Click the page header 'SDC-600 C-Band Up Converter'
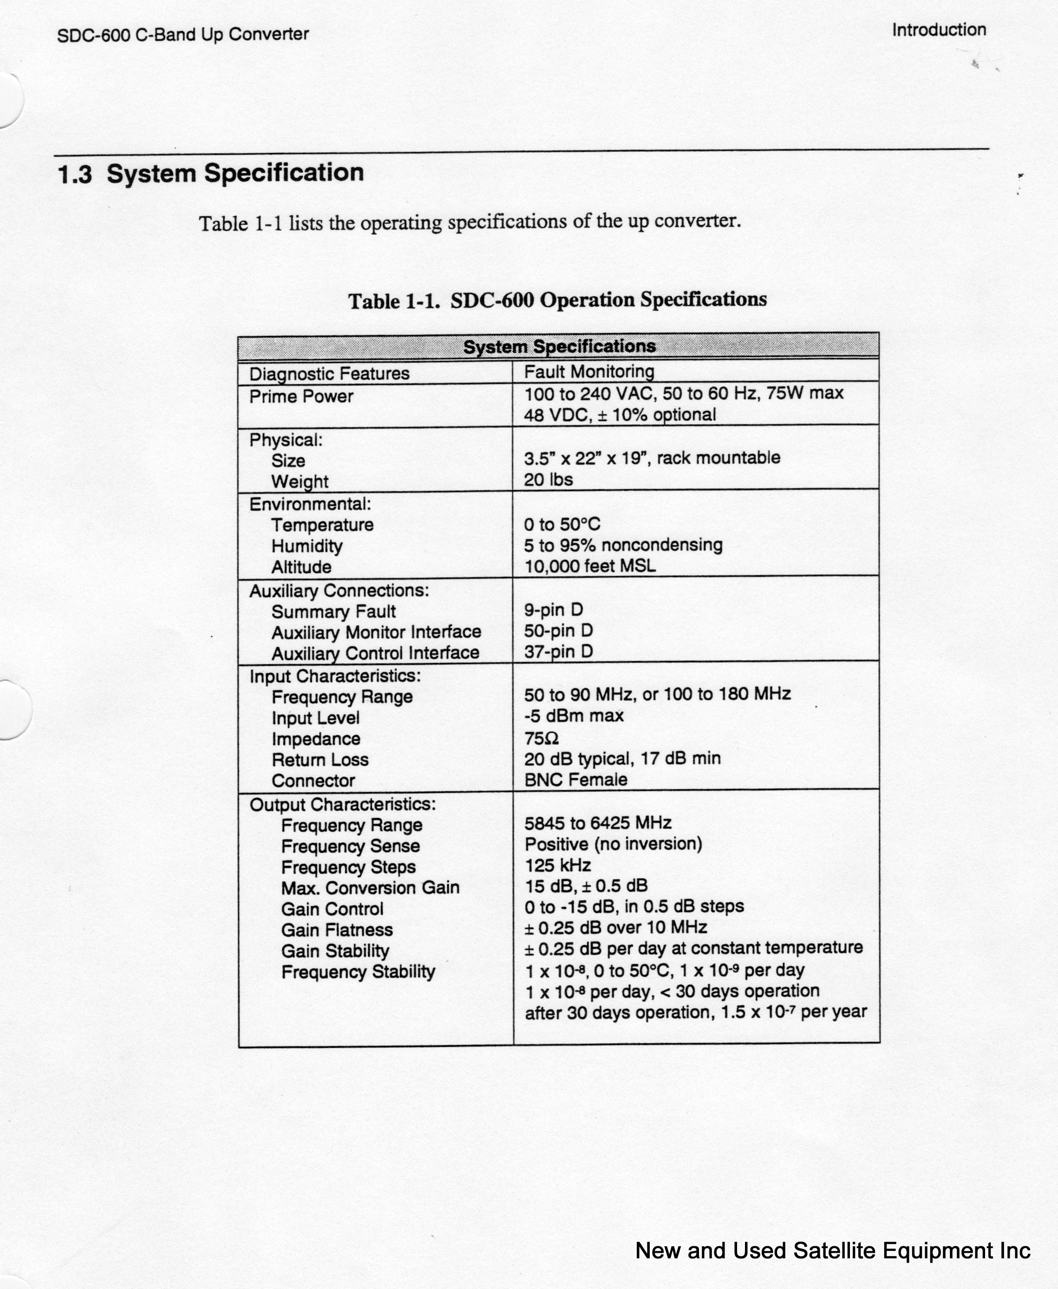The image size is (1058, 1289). [183, 35]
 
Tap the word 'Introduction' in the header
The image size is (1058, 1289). [939, 30]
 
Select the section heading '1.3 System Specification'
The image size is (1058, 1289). [210, 174]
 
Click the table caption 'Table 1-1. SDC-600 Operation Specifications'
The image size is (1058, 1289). [557, 301]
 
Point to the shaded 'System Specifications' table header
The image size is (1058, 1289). [559, 346]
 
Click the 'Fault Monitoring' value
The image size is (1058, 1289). [589, 372]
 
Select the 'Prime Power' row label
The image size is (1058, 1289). [301, 397]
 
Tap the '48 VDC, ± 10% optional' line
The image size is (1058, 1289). [619, 415]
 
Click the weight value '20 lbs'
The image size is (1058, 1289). [548, 480]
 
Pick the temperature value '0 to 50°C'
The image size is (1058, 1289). [562, 524]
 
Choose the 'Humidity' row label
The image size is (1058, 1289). [307, 546]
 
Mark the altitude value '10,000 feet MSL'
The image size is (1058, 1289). [590, 566]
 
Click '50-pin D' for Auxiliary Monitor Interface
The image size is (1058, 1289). [558, 631]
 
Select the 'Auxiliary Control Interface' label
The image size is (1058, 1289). [375, 654]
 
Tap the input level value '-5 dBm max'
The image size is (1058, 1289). [574, 715]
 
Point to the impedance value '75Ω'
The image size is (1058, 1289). [541, 739]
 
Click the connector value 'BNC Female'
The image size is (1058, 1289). [575, 780]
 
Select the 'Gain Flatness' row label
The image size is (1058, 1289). [337, 930]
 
